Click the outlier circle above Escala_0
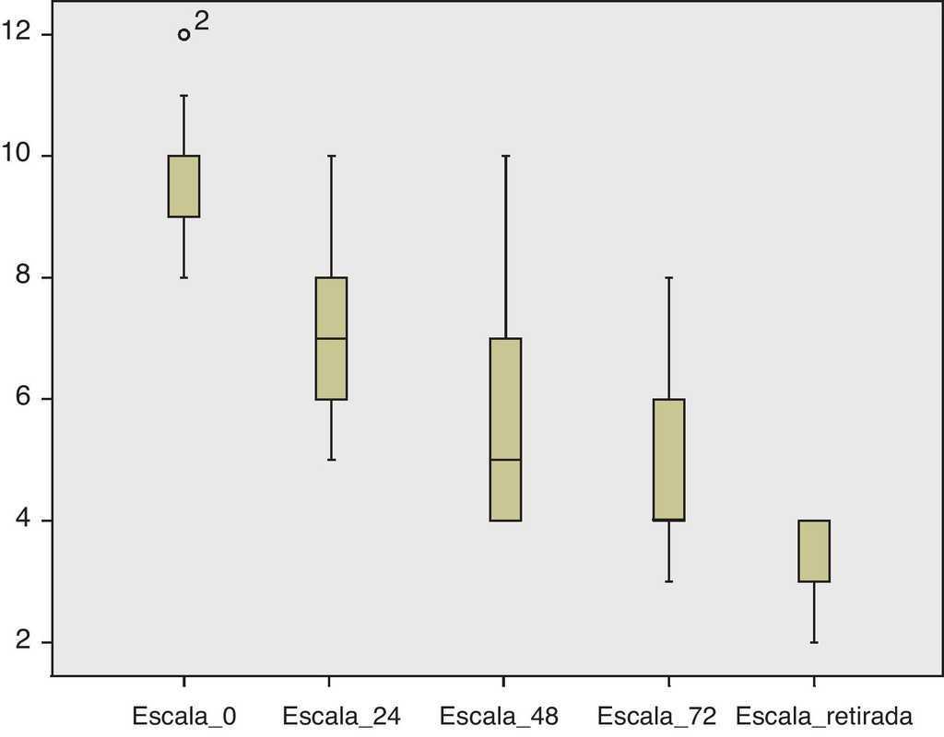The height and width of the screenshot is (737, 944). coord(184,35)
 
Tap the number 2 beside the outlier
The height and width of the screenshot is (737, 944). coord(202,21)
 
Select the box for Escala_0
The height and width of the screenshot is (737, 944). coord(184,186)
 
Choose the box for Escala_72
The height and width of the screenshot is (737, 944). coord(668,459)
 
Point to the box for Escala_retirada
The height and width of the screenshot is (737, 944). coord(814,551)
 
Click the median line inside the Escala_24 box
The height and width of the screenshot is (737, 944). coord(331,338)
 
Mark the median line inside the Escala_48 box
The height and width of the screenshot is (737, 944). coord(505,460)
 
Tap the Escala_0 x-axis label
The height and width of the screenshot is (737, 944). coord(184,715)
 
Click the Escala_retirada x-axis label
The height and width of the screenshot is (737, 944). coord(823,715)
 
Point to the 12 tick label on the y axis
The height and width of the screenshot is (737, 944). coord(16,34)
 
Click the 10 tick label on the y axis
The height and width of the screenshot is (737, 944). coord(16,156)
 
